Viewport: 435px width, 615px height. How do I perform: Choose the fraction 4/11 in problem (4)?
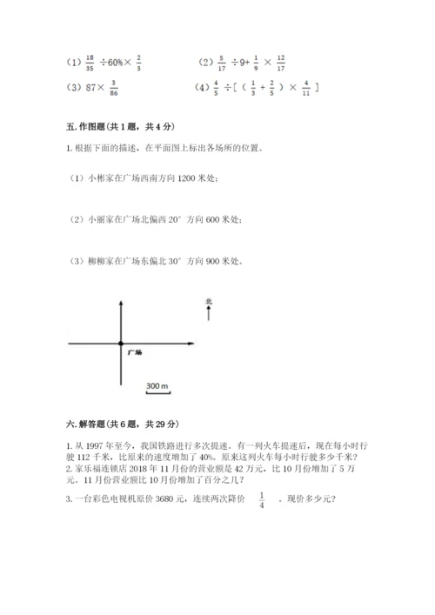[x=305, y=87]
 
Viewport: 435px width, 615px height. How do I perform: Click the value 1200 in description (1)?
[x=187, y=178]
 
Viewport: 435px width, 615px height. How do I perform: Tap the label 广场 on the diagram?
[x=134, y=352]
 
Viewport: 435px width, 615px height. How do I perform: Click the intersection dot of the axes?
[x=121, y=344]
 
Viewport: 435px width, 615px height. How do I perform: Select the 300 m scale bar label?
[x=157, y=384]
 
